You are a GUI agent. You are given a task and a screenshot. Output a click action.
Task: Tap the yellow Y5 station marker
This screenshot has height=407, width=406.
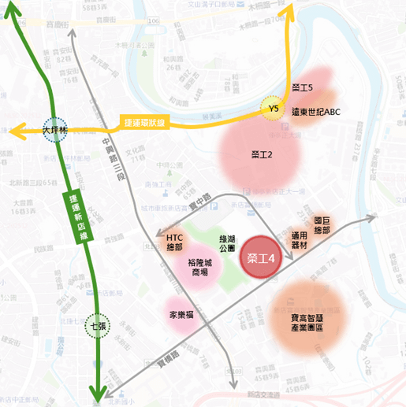[x=274, y=109]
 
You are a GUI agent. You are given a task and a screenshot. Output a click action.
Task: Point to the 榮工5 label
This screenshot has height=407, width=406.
[x=303, y=88]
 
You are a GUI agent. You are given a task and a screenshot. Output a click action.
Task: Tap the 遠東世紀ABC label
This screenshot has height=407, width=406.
[x=315, y=112]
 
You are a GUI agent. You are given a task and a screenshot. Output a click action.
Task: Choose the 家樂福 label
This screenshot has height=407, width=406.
[x=182, y=315]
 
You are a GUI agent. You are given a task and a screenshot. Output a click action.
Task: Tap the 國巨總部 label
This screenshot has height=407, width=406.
[x=322, y=225]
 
